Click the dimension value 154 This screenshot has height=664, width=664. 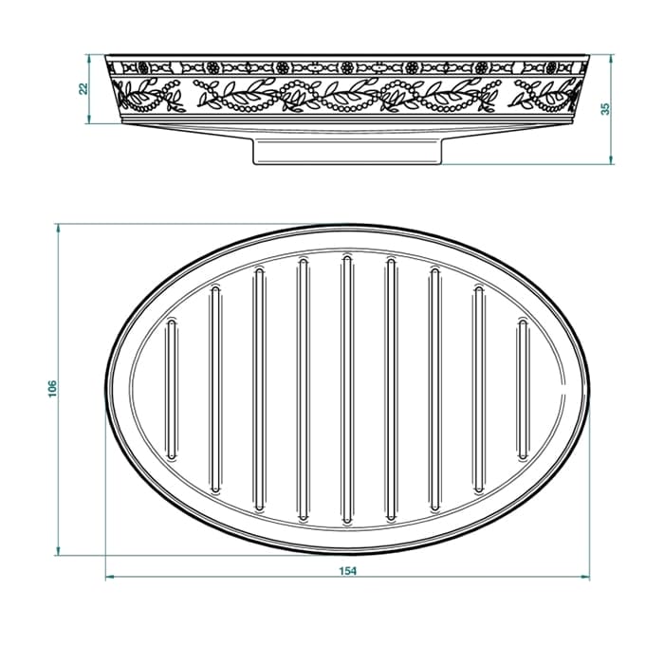point(348,571)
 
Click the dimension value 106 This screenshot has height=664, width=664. point(52,389)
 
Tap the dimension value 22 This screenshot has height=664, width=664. point(83,88)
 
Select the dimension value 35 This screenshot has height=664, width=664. point(606,109)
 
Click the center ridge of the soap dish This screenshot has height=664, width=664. point(347,389)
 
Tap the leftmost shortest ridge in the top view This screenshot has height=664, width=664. point(172,390)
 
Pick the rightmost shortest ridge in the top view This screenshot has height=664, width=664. point(523,390)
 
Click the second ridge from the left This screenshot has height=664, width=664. point(215,390)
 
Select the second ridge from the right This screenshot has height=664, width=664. point(479,390)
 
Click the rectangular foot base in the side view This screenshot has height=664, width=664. point(348,152)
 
